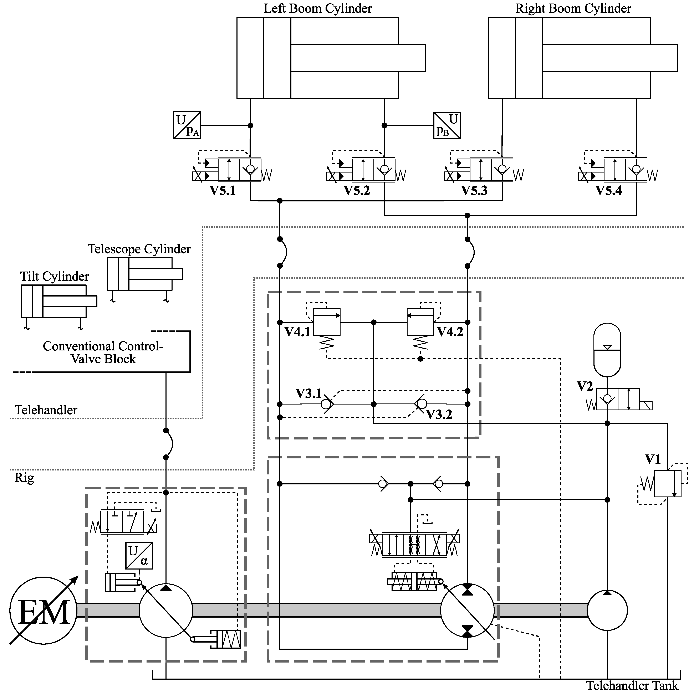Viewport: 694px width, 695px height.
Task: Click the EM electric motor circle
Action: [x=43, y=611]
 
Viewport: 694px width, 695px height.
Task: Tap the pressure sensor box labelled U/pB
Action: [x=447, y=125]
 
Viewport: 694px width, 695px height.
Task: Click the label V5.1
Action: [x=223, y=191]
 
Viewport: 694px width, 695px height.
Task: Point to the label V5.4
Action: [x=608, y=191]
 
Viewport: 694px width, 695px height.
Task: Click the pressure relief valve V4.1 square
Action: [x=326, y=322]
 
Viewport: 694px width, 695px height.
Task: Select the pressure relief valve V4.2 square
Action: [x=420, y=322]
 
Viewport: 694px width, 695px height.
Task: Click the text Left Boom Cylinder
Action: [x=317, y=9]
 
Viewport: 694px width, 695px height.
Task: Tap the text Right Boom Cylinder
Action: [x=573, y=9]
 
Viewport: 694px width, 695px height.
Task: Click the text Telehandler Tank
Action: [x=632, y=686]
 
